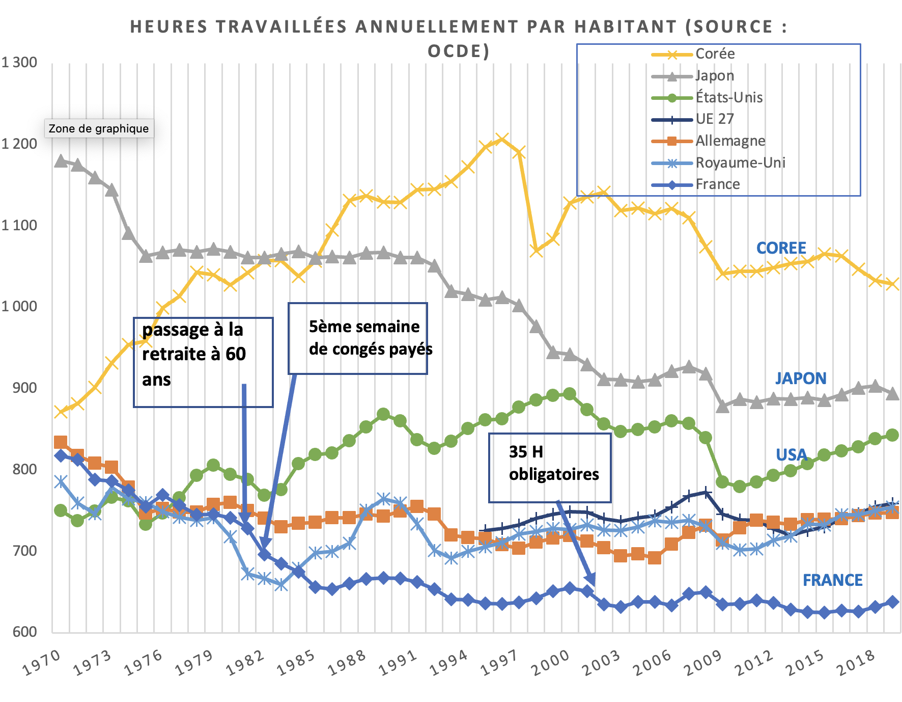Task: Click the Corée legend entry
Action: [x=715, y=54]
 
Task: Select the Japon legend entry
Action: [x=715, y=76]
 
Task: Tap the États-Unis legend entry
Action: [x=729, y=97]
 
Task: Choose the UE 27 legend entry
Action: [x=715, y=119]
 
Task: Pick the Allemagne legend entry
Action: [x=730, y=141]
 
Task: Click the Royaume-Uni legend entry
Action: [x=740, y=163]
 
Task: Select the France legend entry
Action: [x=718, y=184]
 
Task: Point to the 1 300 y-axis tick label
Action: [x=19, y=63]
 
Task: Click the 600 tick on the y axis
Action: [x=24, y=632]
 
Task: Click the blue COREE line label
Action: [x=781, y=248]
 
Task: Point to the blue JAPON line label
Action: [x=800, y=379]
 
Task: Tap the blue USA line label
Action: [x=791, y=455]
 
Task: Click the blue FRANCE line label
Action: [x=832, y=580]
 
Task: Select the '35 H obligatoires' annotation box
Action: [x=550, y=468]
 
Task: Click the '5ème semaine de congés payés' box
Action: [x=358, y=338]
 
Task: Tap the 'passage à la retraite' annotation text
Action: [x=194, y=355]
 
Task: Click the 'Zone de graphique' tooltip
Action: [x=99, y=128]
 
